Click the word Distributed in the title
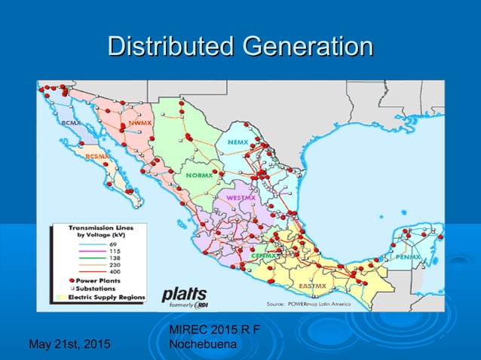click(171, 47)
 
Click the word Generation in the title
click(306, 47)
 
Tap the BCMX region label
click(70, 121)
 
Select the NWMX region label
click(139, 122)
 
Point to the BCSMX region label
click(97, 157)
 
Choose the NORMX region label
click(201, 174)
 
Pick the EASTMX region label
click(312, 286)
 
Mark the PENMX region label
click(406, 257)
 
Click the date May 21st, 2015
click(68, 345)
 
